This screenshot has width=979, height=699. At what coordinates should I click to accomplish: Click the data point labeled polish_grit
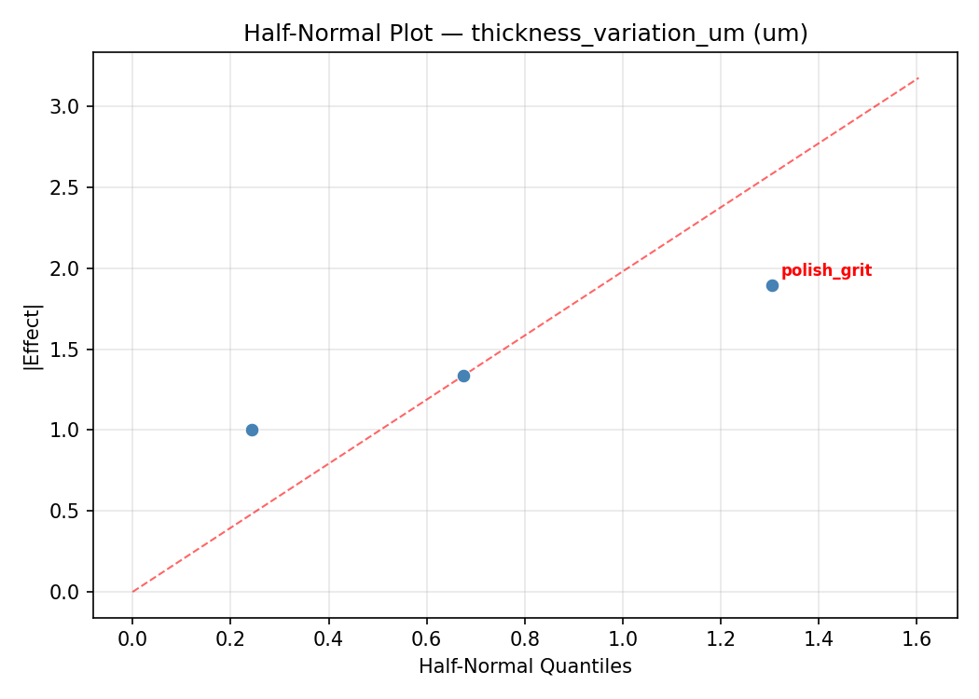[x=772, y=285]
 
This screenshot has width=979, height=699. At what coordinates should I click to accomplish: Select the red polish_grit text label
[x=826, y=271]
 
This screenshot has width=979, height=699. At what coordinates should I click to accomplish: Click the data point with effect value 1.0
[x=252, y=430]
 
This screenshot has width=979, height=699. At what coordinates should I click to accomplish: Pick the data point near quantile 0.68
[x=463, y=376]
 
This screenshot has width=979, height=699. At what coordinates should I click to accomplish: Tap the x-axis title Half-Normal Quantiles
[x=525, y=667]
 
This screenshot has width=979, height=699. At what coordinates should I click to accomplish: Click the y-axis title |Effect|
[x=34, y=335]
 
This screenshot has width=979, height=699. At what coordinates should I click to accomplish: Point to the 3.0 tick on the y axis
[x=70, y=106]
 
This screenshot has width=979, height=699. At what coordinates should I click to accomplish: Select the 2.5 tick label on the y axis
[x=70, y=187]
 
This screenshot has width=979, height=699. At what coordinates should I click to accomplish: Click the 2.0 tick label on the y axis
[x=70, y=268]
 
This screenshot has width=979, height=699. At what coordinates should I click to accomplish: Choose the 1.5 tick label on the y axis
[x=70, y=349]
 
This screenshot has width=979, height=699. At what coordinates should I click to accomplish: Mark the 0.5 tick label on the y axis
[x=70, y=511]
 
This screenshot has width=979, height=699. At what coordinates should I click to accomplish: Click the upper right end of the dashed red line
[x=917, y=78]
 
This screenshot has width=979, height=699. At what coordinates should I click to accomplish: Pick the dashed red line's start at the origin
[x=132, y=592]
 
